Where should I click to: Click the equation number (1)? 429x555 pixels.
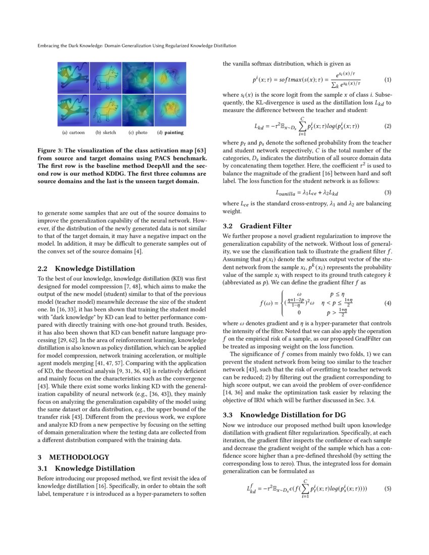tap(388, 80)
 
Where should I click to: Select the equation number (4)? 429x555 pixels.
tap(388, 304)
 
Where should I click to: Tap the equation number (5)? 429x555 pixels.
tap(388, 488)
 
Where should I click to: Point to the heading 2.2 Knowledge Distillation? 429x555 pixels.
tap(86, 268)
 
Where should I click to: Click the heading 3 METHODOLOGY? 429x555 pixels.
tap(66, 458)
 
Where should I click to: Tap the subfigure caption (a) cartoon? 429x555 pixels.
tap(73, 133)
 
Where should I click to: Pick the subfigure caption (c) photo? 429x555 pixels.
tap(138, 133)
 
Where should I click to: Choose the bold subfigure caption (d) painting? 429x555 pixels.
tap(170, 133)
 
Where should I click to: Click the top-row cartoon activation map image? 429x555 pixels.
tap(74, 78)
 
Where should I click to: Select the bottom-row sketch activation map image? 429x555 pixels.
tap(106, 110)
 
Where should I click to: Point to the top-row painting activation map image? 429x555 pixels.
tap(171, 78)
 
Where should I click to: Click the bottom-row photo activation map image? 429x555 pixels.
tap(138, 110)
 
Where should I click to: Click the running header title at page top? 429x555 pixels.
tap(137, 45)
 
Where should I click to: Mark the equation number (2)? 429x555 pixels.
tap(388, 126)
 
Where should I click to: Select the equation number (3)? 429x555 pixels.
tap(388, 192)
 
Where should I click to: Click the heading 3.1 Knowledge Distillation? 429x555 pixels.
tap(86, 468)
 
